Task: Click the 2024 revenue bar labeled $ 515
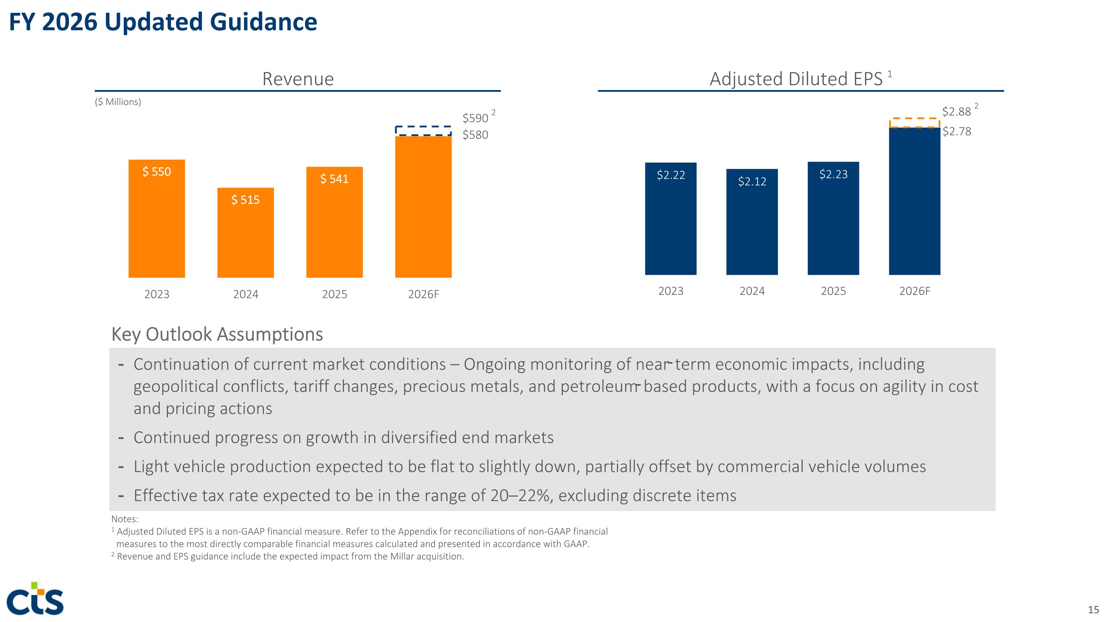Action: (245, 233)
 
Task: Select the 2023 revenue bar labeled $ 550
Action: (157, 219)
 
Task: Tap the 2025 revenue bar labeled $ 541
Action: (334, 222)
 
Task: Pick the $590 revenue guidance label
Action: (475, 118)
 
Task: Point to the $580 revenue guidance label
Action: (475, 135)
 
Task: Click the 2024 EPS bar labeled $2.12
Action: (752, 222)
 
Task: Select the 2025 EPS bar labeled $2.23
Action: (834, 218)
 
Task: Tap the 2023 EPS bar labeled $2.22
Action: (671, 219)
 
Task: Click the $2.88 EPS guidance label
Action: (956, 112)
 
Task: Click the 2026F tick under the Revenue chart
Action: (423, 294)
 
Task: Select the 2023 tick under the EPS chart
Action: (671, 291)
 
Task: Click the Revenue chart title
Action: (298, 79)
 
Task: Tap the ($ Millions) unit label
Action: (118, 102)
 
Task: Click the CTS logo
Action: (35, 598)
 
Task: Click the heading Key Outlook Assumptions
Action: (217, 334)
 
